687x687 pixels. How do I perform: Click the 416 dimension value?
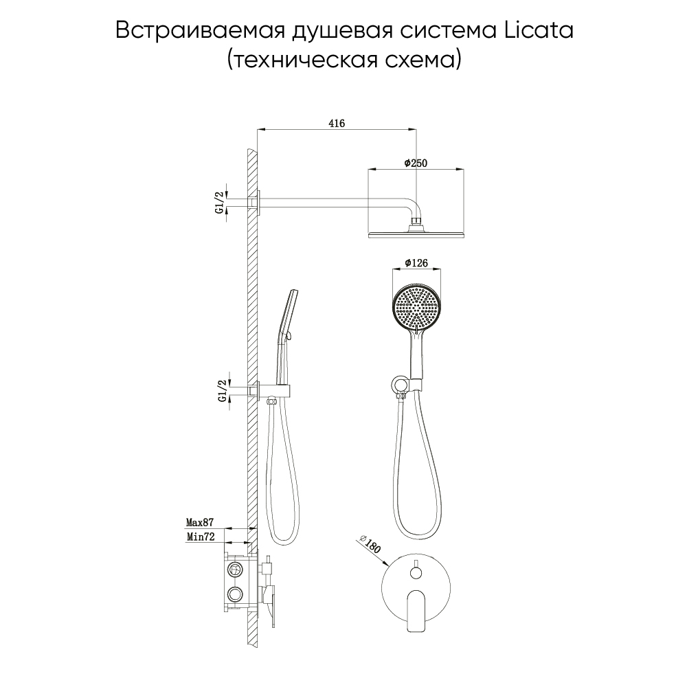coord(337,123)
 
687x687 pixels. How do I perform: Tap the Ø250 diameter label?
coord(416,163)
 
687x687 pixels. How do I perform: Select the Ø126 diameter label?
coord(416,263)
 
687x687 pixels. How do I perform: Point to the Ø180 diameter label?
coord(370,544)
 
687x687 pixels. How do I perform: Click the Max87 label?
coord(200,522)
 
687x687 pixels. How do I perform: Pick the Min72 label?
coord(201,537)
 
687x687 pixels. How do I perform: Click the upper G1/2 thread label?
coord(220,203)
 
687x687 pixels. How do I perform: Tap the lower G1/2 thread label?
coord(223,391)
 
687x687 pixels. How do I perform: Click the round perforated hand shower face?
coord(416,306)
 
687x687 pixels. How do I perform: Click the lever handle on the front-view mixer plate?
coord(416,610)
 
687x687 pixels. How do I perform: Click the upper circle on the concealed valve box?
coord(235,569)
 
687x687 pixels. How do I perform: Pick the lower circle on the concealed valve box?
coord(235,594)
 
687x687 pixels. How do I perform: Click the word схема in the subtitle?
coord(423,60)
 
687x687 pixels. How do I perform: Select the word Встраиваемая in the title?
coord(197,32)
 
